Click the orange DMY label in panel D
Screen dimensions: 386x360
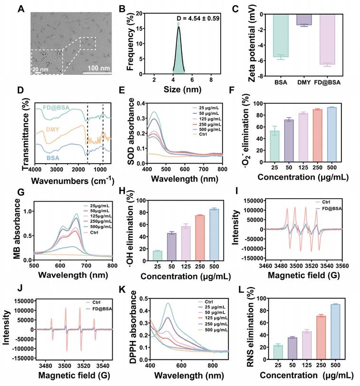point(53,129)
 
